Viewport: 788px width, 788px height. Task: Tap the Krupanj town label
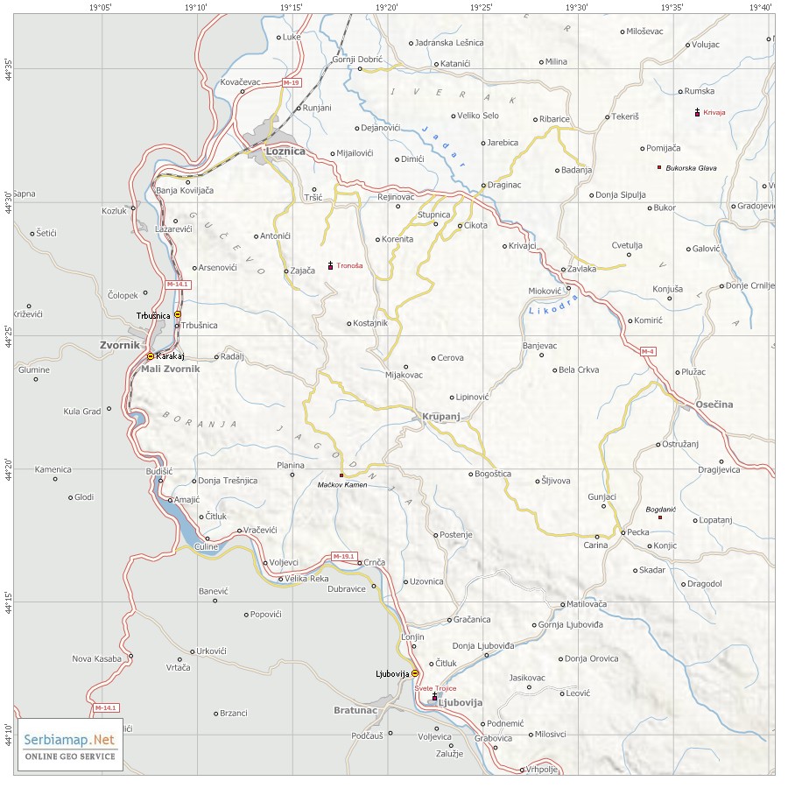(440, 417)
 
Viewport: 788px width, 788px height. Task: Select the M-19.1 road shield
(344, 556)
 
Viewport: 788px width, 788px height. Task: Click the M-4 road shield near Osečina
(647, 351)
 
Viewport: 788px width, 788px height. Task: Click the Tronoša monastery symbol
(330, 265)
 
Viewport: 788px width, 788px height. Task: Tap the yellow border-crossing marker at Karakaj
(150, 356)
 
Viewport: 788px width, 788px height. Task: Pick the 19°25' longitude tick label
(481, 8)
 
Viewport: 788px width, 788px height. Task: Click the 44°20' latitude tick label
(9, 468)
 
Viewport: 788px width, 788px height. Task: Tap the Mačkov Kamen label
(342, 484)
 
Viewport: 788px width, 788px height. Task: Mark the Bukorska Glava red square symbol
(659, 167)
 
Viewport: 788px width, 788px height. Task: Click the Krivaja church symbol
(697, 112)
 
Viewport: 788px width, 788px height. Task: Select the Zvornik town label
(120, 345)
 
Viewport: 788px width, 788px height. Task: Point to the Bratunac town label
(355, 710)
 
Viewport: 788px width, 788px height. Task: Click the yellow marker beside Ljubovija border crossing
(415, 673)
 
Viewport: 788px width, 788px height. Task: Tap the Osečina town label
(714, 404)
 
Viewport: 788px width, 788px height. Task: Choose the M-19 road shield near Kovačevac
(292, 82)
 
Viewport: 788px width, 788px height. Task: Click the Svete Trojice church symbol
(434, 698)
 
